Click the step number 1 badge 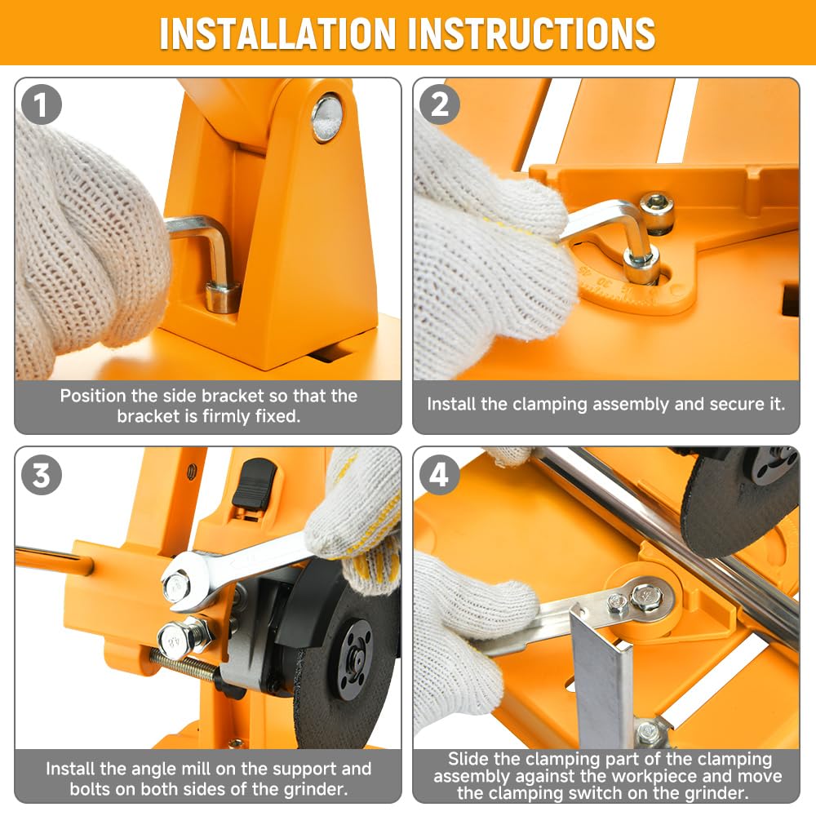pyautogui.click(x=42, y=104)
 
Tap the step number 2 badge pyautogui.click(x=440, y=104)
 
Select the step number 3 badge pyautogui.click(x=42, y=475)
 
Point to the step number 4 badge pyautogui.click(x=440, y=475)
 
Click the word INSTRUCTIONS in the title pyautogui.click(x=531, y=33)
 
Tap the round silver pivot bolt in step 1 pyautogui.click(x=327, y=118)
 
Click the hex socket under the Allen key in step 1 pyautogui.click(x=222, y=297)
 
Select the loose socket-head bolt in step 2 pyautogui.click(x=656, y=211)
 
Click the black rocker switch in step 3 pyautogui.click(x=255, y=484)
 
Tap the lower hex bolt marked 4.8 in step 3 pyautogui.click(x=178, y=640)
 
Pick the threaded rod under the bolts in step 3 pyautogui.click(x=182, y=667)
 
